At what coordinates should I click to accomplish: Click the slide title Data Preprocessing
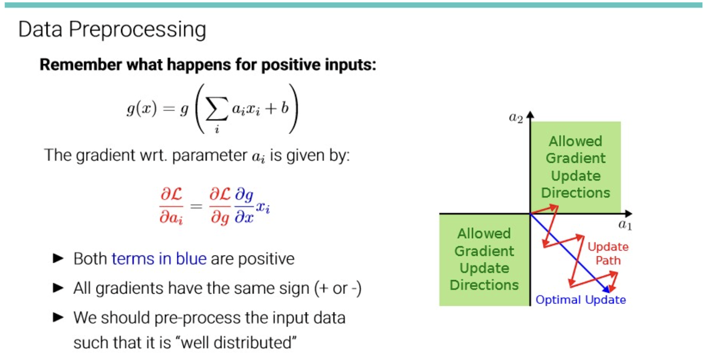112,30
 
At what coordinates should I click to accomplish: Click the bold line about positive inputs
208,65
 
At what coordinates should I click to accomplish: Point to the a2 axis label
516,118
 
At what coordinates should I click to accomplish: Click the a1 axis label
625,225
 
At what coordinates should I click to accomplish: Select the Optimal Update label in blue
581,300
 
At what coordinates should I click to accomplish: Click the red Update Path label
608,253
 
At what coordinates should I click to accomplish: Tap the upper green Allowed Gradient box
576,167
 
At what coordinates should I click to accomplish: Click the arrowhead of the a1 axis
628,214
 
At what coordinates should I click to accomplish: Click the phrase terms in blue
159,259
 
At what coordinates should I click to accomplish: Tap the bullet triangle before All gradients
58,288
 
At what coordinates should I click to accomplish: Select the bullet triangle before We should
58,317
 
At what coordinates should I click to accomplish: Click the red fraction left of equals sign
171,205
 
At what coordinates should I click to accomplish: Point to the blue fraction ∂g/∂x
244,205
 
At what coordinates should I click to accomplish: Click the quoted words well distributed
238,342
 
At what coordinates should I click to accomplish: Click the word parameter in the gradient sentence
209,156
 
